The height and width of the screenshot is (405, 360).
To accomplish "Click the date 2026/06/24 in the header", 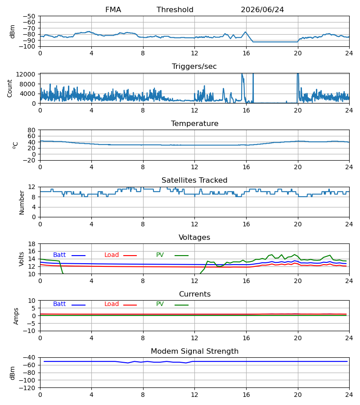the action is pyautogui.click(x=262, y=10).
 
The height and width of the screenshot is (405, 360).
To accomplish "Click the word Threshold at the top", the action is pyautogui.click(x=175, y=10).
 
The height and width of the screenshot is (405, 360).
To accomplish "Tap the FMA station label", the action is pyautogui.click(x=113, y=10).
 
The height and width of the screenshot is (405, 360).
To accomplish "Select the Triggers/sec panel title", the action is pyautogui.click(x=194, y=67).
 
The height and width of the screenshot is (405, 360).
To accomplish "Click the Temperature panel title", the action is pyautogui.click(x=194, y=123).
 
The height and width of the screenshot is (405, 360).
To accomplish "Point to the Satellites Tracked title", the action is pyautogui.click(x=194, y=180).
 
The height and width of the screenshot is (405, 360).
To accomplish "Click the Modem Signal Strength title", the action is pyautogui.click(x=194, y=351).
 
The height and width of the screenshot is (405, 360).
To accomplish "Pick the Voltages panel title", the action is pyautogui.click(x=194, y=237).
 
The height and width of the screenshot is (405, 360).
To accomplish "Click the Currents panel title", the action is pyautogui.click(x=195, y=294).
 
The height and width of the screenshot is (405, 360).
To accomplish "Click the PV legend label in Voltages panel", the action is pyautogui.click(x=160, y=255).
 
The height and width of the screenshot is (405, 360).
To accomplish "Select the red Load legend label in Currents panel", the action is pyautogui.click(x=112, y=304).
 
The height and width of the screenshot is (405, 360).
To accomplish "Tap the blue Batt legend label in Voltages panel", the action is pyautogui.click(x=59, y=255).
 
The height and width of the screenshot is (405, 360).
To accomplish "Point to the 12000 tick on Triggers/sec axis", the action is pyautogui.click(x=26, y=74).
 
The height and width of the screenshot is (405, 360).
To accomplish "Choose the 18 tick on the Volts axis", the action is pyautogui.click(x=32, y=244).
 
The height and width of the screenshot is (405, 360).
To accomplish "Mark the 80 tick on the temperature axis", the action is pyautogui.click(x=32, y=130).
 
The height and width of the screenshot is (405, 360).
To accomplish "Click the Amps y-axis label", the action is pyautogui.click(x=16, y=316).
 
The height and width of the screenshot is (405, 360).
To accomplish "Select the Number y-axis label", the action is pyautogui.click(x=22, y=202).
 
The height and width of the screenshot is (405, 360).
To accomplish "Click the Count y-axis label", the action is pyautogui.click(x=10, y=88).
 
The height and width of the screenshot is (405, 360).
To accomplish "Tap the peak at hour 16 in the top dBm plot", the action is pyautogui.click(x=245, y=32).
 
